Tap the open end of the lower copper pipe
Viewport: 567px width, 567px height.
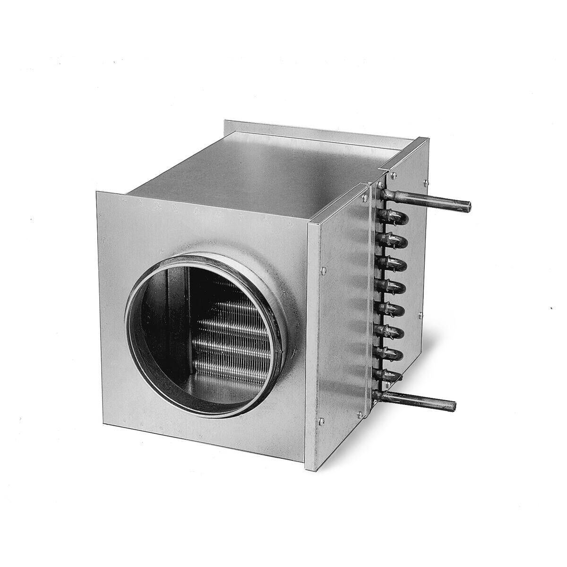pyautogui.click(x=453, y=405)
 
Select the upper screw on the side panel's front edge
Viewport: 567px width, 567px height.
pyautogui.click(x=323, y=270)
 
